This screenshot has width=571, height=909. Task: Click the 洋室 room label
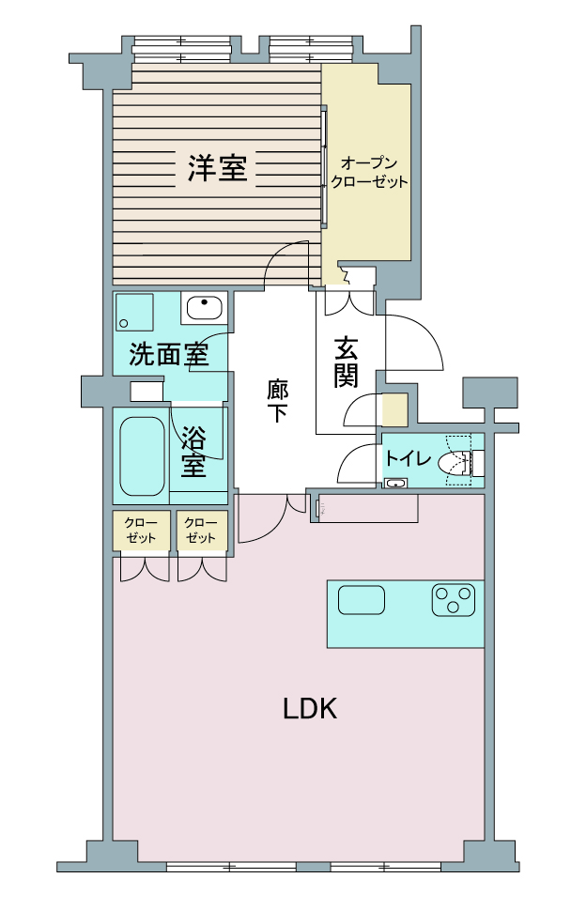[217, 167]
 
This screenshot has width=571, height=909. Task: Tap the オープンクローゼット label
[369, 172]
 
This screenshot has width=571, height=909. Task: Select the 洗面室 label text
[169, 353]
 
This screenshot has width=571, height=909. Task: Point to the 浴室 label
[193, 452]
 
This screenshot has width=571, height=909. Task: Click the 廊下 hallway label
[276, 400]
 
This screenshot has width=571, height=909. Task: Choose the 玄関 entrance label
[346, 362]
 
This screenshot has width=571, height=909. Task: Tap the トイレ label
[409, 458]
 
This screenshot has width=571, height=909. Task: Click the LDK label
[310, 708]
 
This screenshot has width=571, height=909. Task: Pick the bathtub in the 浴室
[142, 455]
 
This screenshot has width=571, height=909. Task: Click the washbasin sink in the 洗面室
[204, 307]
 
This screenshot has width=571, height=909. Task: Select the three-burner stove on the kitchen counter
[454, 599]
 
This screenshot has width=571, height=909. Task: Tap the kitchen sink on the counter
[362, 599]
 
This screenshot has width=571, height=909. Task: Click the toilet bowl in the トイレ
[455, 463]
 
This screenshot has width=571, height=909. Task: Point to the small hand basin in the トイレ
[395, 483]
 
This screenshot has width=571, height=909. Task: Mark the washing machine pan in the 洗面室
[134, 312]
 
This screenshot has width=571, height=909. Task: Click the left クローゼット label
[141, 531]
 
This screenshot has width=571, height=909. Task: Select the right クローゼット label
[201, 531]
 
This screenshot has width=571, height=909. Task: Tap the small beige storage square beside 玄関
[394, 409]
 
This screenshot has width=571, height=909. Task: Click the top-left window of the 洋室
[182, 49]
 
